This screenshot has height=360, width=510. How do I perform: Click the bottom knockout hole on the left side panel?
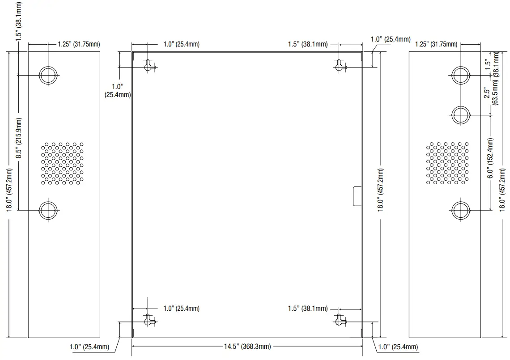[48, 210]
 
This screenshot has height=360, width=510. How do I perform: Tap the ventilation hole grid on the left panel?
[62, 163]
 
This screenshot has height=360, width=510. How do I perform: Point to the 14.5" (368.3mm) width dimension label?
[247, 347]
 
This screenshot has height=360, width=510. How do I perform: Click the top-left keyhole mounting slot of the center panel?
[149, 66]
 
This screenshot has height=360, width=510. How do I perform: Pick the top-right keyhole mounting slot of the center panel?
[340, 66]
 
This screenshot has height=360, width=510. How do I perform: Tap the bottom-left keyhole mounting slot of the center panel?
[149, 320]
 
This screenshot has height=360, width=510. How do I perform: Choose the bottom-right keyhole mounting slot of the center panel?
[340, 320]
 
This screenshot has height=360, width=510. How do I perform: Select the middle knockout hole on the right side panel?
[461, 115]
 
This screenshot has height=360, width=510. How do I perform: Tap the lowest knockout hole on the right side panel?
[461, 210]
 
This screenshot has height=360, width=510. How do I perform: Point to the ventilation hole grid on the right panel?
[447, 163]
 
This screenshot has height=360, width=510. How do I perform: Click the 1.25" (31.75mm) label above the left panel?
[79, 44]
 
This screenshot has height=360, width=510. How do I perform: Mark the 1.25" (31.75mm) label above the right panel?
[436, 44]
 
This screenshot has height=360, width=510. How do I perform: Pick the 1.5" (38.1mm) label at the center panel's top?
[308, 44]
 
